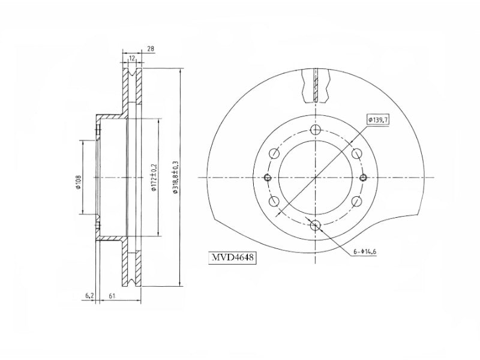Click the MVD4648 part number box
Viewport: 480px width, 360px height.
point(232,258)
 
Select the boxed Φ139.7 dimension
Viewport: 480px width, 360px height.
point(378,119)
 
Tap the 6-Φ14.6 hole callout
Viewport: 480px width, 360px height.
point(365,252)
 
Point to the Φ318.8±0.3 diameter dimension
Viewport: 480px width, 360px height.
point(175,177)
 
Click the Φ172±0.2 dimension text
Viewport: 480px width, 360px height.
point(154,177)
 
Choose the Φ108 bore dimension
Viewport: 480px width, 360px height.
point(79,182)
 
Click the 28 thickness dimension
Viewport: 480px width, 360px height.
point(151,49)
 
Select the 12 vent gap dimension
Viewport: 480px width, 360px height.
point(132,58)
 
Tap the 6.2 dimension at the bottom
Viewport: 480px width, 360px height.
point(89,296)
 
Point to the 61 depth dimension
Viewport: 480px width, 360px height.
point(112,296)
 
